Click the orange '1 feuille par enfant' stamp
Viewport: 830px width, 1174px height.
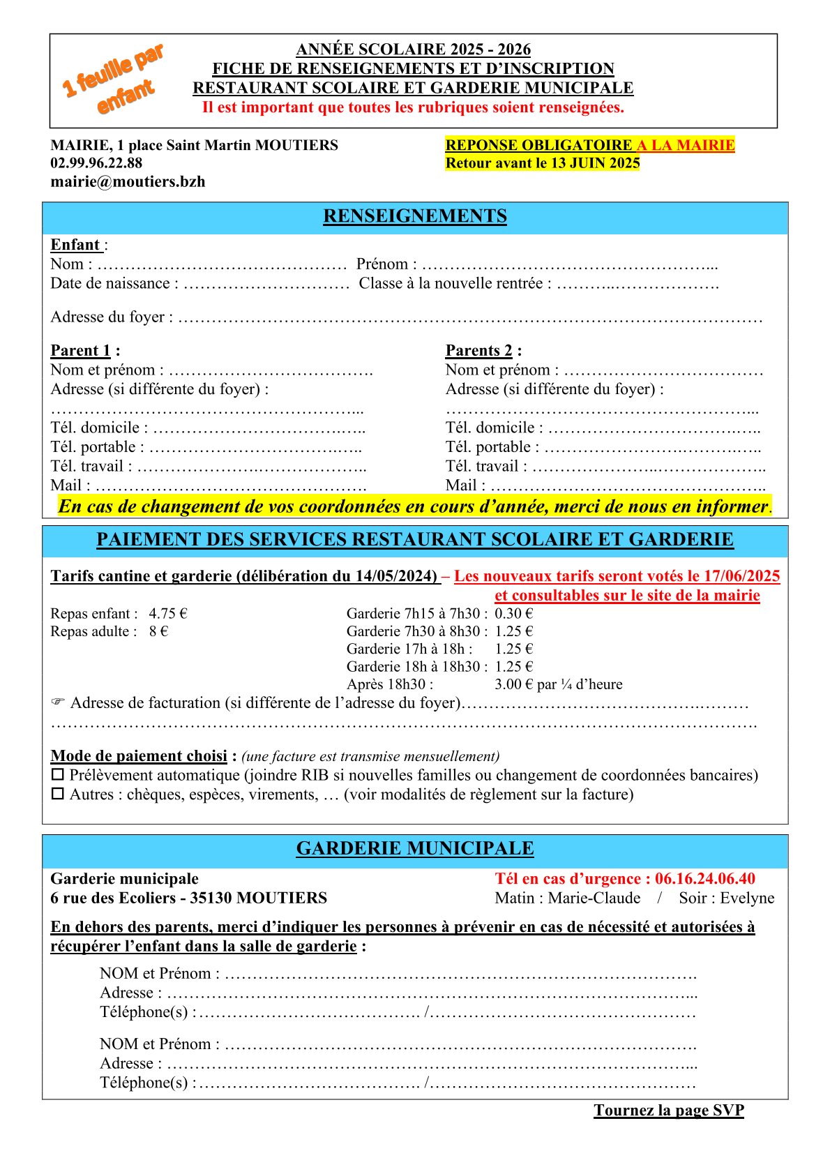(113, 79)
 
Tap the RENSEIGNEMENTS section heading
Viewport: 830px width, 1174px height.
(415, 216)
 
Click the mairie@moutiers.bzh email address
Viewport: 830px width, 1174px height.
(128, 182)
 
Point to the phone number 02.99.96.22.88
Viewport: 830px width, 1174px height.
(96, 163)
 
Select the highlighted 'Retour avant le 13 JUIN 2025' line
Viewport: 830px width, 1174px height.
(543, 163)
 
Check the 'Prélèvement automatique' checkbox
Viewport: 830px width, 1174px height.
(58, 775)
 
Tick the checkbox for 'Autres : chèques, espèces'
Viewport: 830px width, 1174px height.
(58, 794)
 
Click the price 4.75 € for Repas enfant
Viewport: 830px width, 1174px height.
(168, 614)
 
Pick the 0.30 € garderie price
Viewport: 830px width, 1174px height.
(514, 614)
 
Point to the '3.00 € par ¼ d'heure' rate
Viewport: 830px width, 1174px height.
(558, 684)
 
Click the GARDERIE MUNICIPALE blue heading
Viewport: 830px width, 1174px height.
(415, 848)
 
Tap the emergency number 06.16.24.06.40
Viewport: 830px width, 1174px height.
(704, 879)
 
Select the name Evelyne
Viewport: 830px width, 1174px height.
(747, 898)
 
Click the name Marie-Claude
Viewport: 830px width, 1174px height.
(594, 898)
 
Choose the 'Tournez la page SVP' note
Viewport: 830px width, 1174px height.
(669, 1111)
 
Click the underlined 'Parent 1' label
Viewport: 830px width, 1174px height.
(81, 351)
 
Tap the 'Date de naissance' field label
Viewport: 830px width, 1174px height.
(110, 284)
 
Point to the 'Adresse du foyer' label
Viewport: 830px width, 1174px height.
(107, 317)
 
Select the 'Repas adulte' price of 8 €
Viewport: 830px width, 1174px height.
(158, 632)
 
